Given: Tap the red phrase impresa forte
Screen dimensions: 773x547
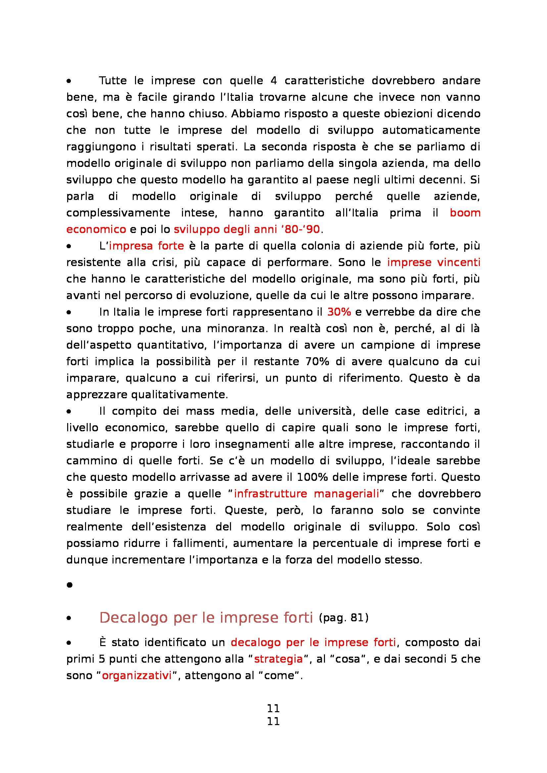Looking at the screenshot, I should (x=146, y=246).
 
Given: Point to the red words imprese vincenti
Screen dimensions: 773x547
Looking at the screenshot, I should (x=433, y=262).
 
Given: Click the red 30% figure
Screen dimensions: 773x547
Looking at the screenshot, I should (x=339, y=312).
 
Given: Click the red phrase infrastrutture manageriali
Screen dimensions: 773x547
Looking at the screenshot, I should (x=306, y=493).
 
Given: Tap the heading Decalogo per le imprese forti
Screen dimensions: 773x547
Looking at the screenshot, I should (x=206, y=617).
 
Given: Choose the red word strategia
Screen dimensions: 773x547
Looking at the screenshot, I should (x=278, y=659).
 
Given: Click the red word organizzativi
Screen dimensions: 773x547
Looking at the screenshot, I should (x=137, y=676).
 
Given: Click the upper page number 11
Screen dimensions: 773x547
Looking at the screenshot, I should (x=273, y=708).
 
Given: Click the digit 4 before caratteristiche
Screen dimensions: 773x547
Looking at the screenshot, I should (x=273, y=81).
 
